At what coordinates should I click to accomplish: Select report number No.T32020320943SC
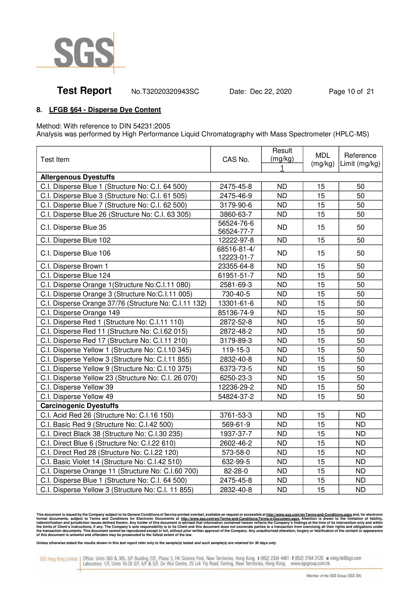click(x=165, y=91)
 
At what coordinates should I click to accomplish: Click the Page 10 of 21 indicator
click(x=351, y=91)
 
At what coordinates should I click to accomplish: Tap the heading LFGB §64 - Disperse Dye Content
click(x=105, y=110)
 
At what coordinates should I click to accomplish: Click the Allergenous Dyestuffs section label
click(x=78, y=177)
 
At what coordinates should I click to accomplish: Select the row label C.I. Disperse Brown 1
click(x=74, y=266)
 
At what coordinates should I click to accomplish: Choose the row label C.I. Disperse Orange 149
click(x=80, y=313)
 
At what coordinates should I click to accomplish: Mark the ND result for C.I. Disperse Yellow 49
click(x=282, y=397)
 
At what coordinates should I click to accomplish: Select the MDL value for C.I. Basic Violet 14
click(x=321, y=462)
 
